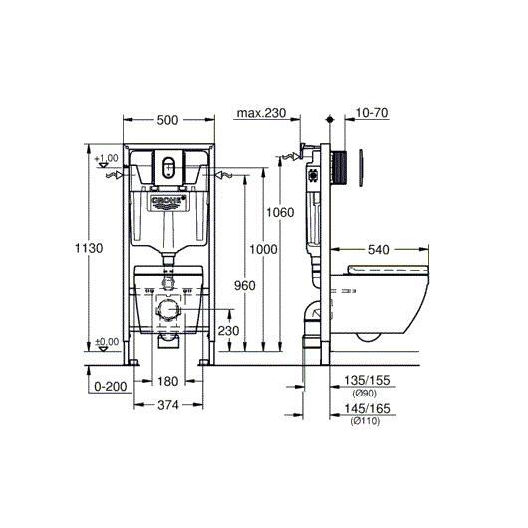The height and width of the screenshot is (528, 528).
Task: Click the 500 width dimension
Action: tap(167, 120)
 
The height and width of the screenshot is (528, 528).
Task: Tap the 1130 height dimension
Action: tap(89, 248)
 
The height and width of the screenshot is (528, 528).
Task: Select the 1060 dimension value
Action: tap(280, 212)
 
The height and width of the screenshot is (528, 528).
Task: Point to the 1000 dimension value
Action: tap(263, 249)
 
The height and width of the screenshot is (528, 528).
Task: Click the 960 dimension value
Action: tap(245, 286)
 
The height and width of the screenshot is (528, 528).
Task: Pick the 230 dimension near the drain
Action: tap(228, 331)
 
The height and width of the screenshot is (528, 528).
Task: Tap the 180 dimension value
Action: tap(168, 382)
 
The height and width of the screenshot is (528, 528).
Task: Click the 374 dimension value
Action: tap(168, 405)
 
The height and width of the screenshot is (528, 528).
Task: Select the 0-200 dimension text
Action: tap(111, 386)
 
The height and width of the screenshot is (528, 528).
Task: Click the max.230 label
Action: tap(261, 113)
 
